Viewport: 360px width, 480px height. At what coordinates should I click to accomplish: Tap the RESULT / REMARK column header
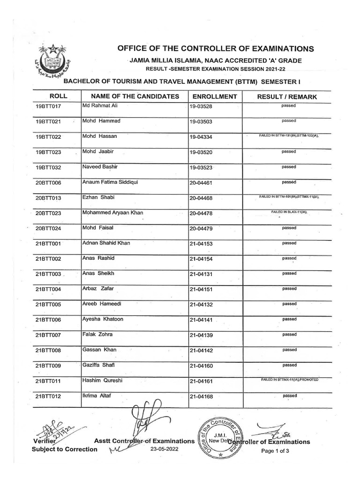coord(287,97)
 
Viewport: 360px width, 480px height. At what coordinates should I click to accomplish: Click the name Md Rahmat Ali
coord(99,106)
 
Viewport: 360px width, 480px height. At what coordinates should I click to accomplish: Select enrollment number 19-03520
coord(201,152)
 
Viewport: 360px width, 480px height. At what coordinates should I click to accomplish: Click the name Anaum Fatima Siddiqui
coord(110,182)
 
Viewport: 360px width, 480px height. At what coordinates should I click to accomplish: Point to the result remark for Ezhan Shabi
coord(289,197)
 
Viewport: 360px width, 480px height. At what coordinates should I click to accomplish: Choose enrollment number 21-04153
coord(201,244)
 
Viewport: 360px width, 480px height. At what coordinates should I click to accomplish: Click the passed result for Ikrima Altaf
coord(289,396)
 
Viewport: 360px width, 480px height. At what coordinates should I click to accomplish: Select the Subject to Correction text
coord(65,449)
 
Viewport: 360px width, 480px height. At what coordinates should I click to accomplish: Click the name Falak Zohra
coord(97,334)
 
